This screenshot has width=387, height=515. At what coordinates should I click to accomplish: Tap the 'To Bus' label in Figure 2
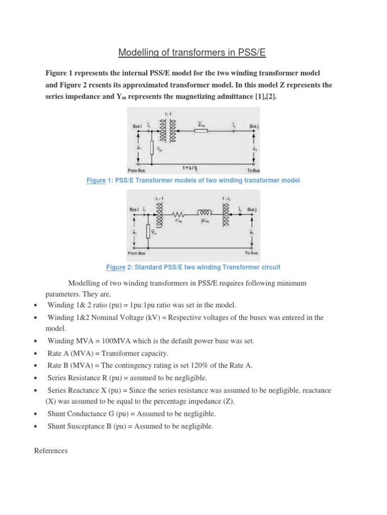(x=250, y=252)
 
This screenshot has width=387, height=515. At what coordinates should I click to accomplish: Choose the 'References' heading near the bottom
(x=50, y=451)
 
